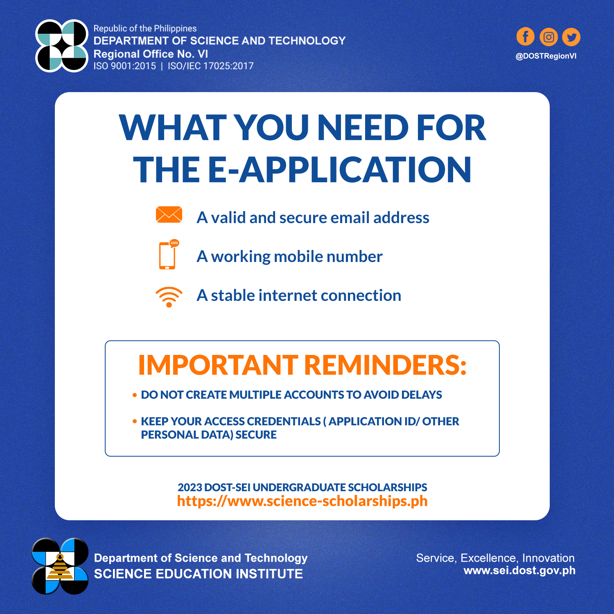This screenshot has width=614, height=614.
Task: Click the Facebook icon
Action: click(x=526, y=37)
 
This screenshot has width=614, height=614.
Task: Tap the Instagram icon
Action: click(x=549, y=37)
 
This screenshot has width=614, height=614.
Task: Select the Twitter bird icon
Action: click(x=571, y=37)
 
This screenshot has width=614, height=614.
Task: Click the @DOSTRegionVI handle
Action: click(x=546, y=56)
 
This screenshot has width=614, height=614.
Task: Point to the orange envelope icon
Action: click(x=169, y=214)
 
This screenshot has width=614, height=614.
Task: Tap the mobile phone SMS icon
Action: click(x=169, y=254)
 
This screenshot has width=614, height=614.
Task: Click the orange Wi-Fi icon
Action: click(x=169, y=297)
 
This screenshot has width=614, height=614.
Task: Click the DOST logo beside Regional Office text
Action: click(x=62, y=46)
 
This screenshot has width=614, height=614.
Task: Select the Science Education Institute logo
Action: click(x=60, y=566)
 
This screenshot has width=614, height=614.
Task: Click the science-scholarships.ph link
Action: click(x=302, y=501)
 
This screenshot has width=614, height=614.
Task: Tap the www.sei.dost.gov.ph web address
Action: click(x=519, y=571)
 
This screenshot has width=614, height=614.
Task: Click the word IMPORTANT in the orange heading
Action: click(x=218, y=365)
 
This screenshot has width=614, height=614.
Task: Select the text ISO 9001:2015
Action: click(x=125, y=66)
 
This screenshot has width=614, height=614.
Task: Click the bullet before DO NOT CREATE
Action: click(x=135, y=395)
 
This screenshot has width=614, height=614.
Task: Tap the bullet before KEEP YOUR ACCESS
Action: click(x=135, y=421)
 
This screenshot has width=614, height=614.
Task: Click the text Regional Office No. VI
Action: click(x=151, y=54)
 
